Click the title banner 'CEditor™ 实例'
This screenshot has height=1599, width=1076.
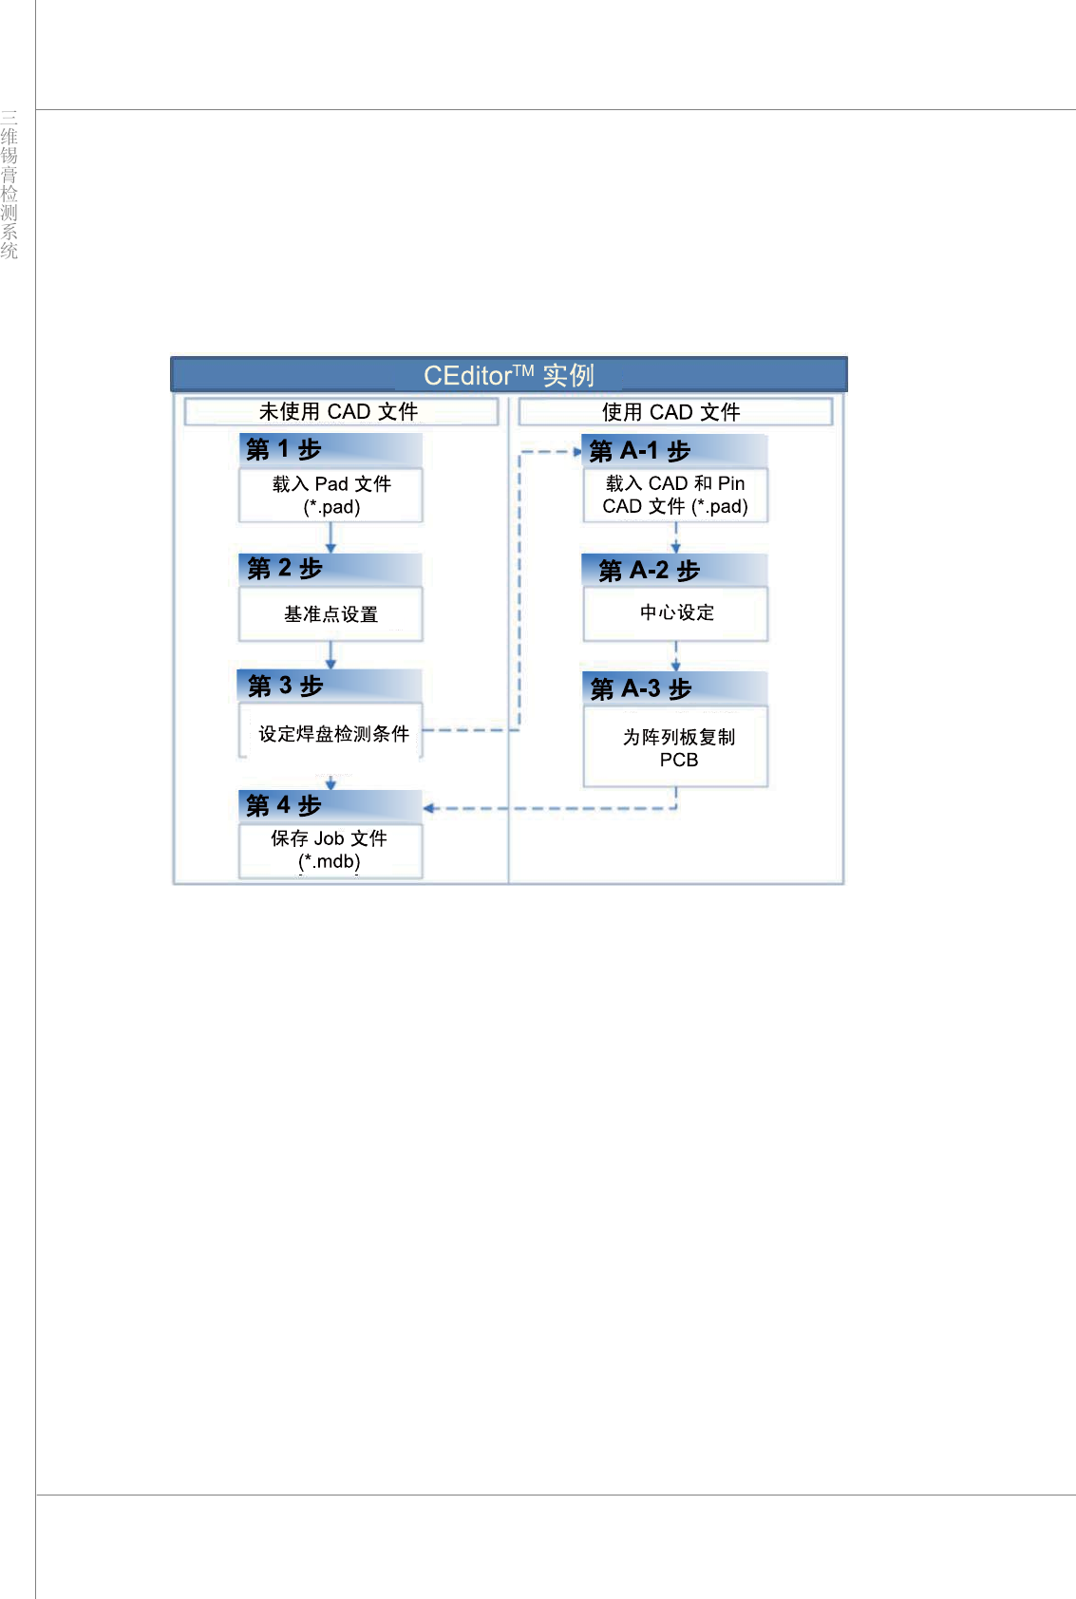(509, 375)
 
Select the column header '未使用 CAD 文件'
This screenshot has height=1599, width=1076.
(340, 411)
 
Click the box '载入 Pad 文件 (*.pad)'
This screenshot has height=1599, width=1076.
(330, 495)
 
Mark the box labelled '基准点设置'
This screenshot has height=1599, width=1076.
(330, 614)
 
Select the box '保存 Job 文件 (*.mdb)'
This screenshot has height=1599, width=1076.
(330, 850)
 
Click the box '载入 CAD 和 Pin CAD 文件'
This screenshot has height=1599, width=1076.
(675, 495)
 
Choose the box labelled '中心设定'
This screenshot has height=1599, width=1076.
(675, 613)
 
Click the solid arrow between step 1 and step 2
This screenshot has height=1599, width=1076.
(330, 537)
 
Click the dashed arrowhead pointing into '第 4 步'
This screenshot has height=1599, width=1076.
(429, 809)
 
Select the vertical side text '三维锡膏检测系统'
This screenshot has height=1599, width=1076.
(9, 184)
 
